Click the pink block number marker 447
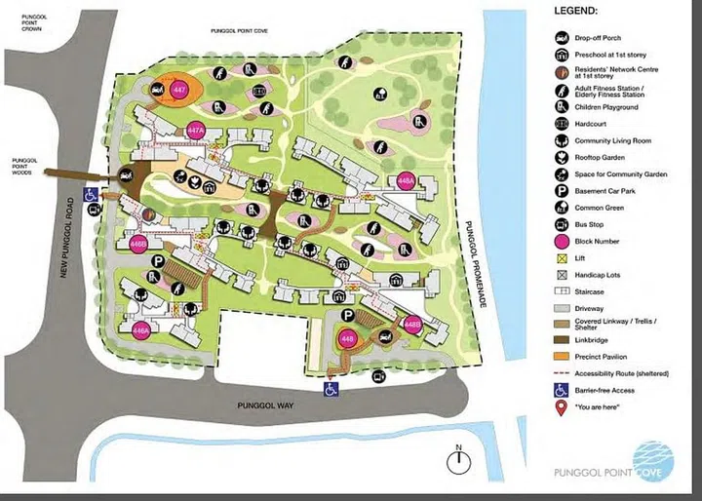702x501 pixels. (x=178, y=89)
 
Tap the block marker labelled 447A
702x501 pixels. (x=195, y=130)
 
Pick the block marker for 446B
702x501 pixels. (x=138, y=244)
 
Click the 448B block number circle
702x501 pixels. (x=412, y=325)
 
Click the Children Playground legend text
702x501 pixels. (x=607, y=106)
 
